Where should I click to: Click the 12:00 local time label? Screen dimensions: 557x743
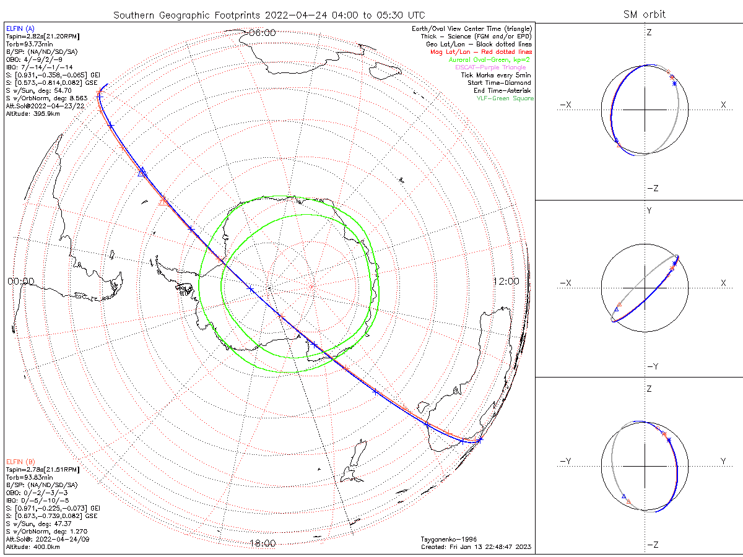point(506,282)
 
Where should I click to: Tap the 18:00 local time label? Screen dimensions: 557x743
point(262,543)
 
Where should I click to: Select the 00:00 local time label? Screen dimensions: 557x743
point(20,282)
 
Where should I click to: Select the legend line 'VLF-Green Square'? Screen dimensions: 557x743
point(504,98)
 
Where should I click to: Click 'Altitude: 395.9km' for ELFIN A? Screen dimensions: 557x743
point(33,113)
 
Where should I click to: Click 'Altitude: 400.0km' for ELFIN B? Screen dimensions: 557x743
point(33,547)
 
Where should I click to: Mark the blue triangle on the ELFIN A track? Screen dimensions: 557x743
point(142,172)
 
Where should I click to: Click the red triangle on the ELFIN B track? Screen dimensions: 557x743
point(163,201)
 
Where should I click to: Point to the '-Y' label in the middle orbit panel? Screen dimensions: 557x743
point(652,366)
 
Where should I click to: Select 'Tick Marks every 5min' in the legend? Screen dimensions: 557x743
point(495,75)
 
